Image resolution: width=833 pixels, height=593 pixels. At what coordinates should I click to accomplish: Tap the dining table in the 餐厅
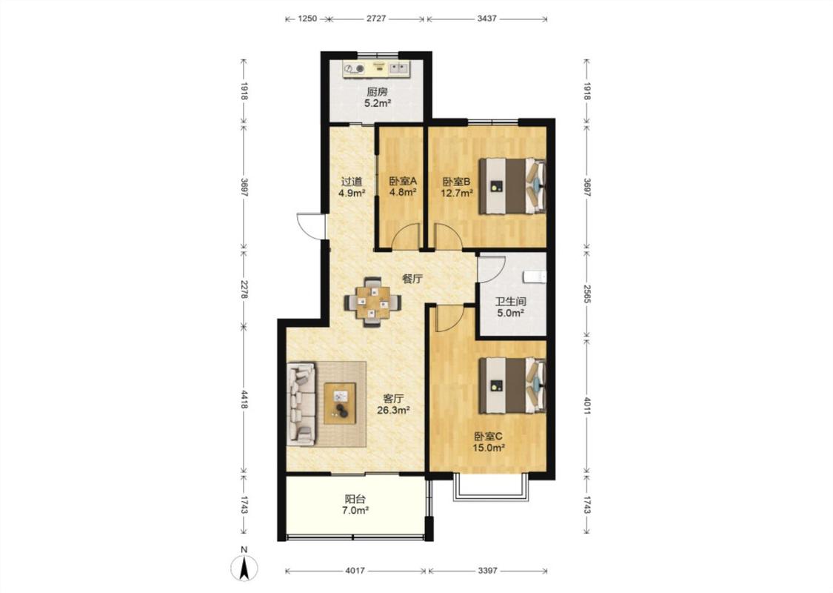(x=373, y=302)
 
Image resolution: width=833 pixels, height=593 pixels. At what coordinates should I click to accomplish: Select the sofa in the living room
(x=301, y=404)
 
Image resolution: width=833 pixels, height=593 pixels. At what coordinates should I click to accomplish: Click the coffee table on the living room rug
(x=340, y=403)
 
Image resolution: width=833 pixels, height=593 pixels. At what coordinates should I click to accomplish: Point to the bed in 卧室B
(x=512, y=185)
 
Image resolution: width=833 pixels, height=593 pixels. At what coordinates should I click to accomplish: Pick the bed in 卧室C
(x=512, y=385)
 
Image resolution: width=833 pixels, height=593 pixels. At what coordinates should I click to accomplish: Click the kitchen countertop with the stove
(x=377, y=69)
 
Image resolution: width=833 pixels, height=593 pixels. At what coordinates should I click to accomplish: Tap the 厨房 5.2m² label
(x=377, y=98)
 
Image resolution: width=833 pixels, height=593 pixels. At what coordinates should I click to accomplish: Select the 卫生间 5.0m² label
(x=510, y=308)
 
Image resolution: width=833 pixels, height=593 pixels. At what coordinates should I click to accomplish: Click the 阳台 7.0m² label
(x=355, y=505)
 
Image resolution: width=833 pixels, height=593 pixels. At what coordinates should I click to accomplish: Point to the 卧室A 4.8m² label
(x=403, y=187)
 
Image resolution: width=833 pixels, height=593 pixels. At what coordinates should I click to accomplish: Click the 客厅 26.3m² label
(x=393, y=404)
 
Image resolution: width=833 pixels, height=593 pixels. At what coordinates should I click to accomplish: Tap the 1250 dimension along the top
(x=307, y=19)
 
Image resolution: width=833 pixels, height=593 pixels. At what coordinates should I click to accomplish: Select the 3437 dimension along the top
(x=486, y=19)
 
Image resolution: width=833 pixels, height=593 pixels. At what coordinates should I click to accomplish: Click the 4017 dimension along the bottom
(x=355, y=571)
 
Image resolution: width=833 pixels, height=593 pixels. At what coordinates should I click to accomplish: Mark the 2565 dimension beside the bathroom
(x=587, y=294)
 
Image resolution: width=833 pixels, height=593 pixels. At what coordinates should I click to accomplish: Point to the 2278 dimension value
(x=244, y=288)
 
